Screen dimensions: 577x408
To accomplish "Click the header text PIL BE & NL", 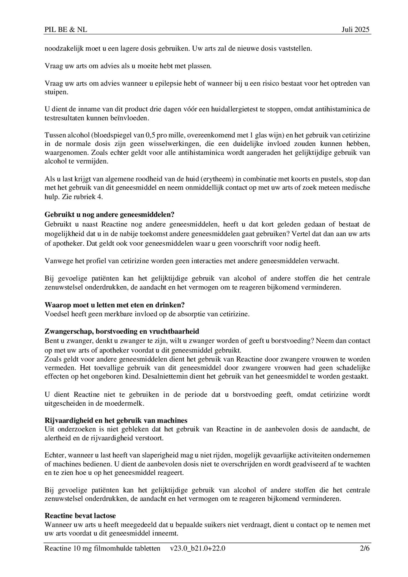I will click(66, 29).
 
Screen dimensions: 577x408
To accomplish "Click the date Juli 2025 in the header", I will click(355, 29).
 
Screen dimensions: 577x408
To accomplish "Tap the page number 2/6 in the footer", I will click(365, 549).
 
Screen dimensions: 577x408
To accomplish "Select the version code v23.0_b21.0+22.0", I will click(197, 549).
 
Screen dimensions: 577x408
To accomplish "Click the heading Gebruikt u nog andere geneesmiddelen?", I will click(109, 215).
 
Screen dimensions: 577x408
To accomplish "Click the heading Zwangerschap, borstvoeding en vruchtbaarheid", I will click(122, 331).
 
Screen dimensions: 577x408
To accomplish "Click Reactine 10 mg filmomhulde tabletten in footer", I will click(102, 549).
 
